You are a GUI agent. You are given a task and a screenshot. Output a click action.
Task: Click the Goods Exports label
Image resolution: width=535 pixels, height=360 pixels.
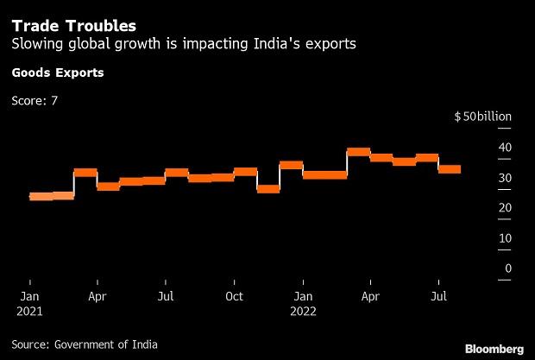[x=58, y=73]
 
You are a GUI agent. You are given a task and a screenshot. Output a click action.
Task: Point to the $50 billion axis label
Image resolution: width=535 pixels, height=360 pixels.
[x=483, y=117]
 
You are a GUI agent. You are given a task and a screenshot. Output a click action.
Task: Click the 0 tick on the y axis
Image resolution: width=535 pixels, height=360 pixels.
[x=508, y=268]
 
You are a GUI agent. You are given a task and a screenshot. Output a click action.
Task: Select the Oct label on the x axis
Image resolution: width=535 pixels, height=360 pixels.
[x=234, y=295]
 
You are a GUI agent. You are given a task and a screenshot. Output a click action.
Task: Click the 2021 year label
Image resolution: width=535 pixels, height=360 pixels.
[x=29, y=310]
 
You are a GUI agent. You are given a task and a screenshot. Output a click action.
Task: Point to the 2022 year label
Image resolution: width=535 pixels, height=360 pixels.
[x=302, y=310]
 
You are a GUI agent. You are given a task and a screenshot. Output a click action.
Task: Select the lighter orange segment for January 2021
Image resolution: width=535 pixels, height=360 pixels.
[x=41, y=197]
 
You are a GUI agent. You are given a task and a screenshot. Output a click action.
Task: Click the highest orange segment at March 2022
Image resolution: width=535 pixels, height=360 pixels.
[x=358, y=152]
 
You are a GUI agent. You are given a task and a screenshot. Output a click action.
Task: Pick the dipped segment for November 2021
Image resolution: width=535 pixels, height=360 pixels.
[x=268, y=188]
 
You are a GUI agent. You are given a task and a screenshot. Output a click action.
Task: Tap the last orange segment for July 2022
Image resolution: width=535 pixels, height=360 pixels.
[x=450, y=169]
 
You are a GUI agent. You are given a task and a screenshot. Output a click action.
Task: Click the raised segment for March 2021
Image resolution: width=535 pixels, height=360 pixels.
[x=85, y=173]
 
